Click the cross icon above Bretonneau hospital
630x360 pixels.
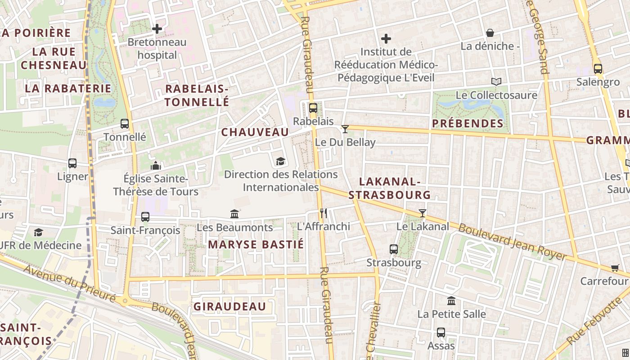click(157, 29)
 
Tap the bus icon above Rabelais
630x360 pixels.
click(313, 108)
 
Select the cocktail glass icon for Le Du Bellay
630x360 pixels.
click(345, 129)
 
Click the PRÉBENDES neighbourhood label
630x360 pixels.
click(468, 123)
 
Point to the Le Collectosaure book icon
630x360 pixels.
click(496, 82)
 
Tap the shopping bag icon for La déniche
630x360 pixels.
click(490, 33)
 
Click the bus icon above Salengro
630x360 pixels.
click(598, 69)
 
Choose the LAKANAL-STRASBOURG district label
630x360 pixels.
click(390, 188)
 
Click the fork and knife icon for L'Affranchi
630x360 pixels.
click(324, 213)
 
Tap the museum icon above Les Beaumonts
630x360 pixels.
click(234, 214)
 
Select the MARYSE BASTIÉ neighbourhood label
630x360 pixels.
click(256, 244)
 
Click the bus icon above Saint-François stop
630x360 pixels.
click(145, 216)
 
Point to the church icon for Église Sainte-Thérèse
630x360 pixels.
click(156, 166)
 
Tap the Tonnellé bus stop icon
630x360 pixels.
click(125, 124)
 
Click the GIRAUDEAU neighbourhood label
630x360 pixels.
click(230, 306)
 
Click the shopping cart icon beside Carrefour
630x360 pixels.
click(615, 268)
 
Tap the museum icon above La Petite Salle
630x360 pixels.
click(451, 301)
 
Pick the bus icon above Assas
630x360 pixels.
click(441, 333)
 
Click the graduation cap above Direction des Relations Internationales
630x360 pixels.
click(280, 161)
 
